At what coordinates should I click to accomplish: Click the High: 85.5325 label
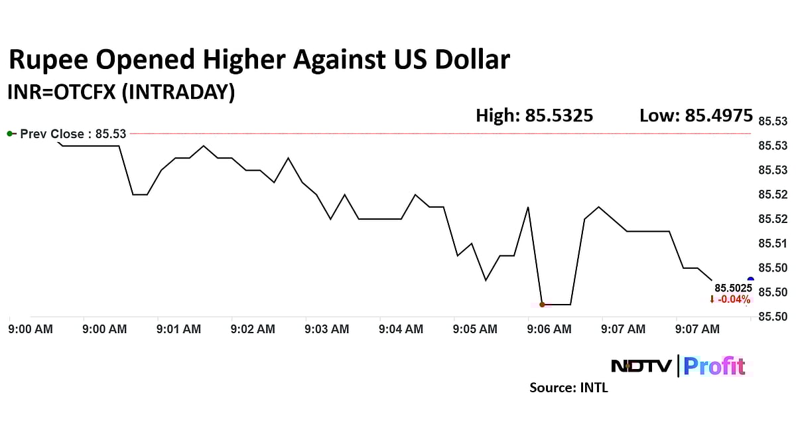coord(535,116)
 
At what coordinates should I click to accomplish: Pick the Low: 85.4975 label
coord(696,116)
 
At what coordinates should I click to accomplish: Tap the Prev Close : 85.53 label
coord(72,134)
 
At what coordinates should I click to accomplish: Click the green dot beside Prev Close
coord(10,134)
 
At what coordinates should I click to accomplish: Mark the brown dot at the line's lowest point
coord(542,305)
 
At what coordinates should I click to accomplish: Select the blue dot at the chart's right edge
coord(750,280)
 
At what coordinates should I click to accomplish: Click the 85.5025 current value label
coord(732,288)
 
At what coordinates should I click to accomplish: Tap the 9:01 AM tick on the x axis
coord(178,329)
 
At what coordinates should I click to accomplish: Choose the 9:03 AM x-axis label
coord(327,329)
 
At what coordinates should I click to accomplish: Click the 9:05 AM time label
coord(475,329)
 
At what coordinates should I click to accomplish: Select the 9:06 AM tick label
coord(549,329)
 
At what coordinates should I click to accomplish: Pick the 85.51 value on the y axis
coord(772,244)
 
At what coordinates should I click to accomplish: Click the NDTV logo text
coord(641,366)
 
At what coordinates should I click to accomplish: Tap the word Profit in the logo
coord(714,366)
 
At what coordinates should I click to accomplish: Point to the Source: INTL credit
coord(568,388)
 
